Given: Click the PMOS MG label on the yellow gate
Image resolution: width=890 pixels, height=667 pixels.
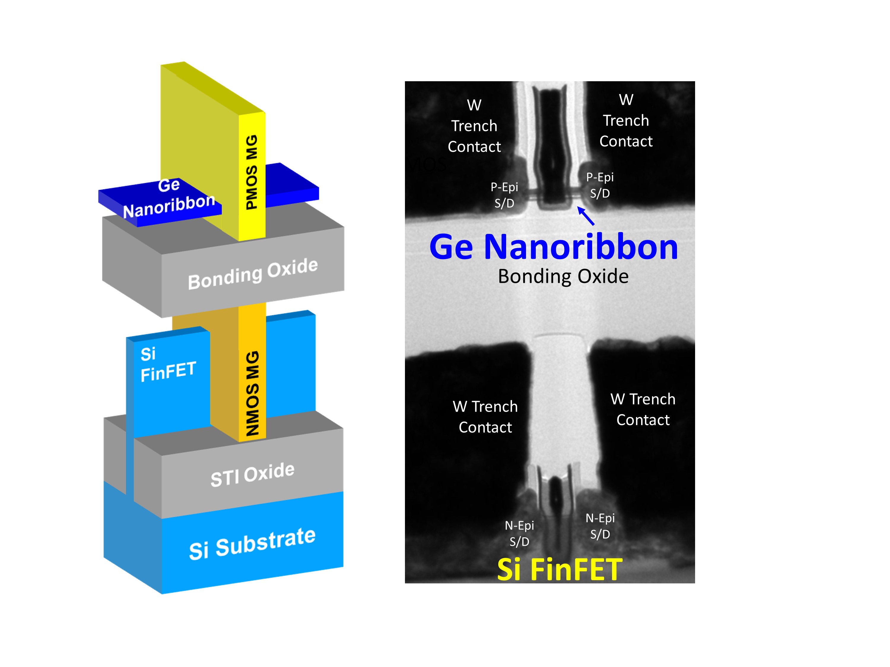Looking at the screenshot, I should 252,172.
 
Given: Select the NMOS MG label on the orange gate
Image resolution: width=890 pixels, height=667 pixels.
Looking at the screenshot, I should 252,393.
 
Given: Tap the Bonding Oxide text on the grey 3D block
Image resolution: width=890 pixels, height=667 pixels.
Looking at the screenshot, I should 253,274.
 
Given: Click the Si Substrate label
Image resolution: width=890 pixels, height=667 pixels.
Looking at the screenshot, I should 252,544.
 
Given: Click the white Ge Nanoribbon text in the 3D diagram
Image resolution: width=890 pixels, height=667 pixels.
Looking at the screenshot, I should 169,199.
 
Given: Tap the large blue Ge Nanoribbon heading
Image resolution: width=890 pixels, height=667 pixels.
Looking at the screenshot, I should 554,247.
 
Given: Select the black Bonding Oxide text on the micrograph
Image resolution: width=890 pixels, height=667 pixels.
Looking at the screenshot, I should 563,277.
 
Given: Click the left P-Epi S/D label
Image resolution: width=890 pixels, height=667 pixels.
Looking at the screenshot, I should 504,195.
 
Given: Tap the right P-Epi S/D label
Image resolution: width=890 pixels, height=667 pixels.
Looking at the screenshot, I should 600,185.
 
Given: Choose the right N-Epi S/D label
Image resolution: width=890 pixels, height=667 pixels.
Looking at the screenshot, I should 600,526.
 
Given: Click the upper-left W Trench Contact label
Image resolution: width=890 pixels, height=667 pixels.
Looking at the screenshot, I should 474,126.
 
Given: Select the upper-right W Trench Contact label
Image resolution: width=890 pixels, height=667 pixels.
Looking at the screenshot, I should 626,121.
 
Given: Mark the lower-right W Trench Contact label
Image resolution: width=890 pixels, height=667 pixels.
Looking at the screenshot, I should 643,409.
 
